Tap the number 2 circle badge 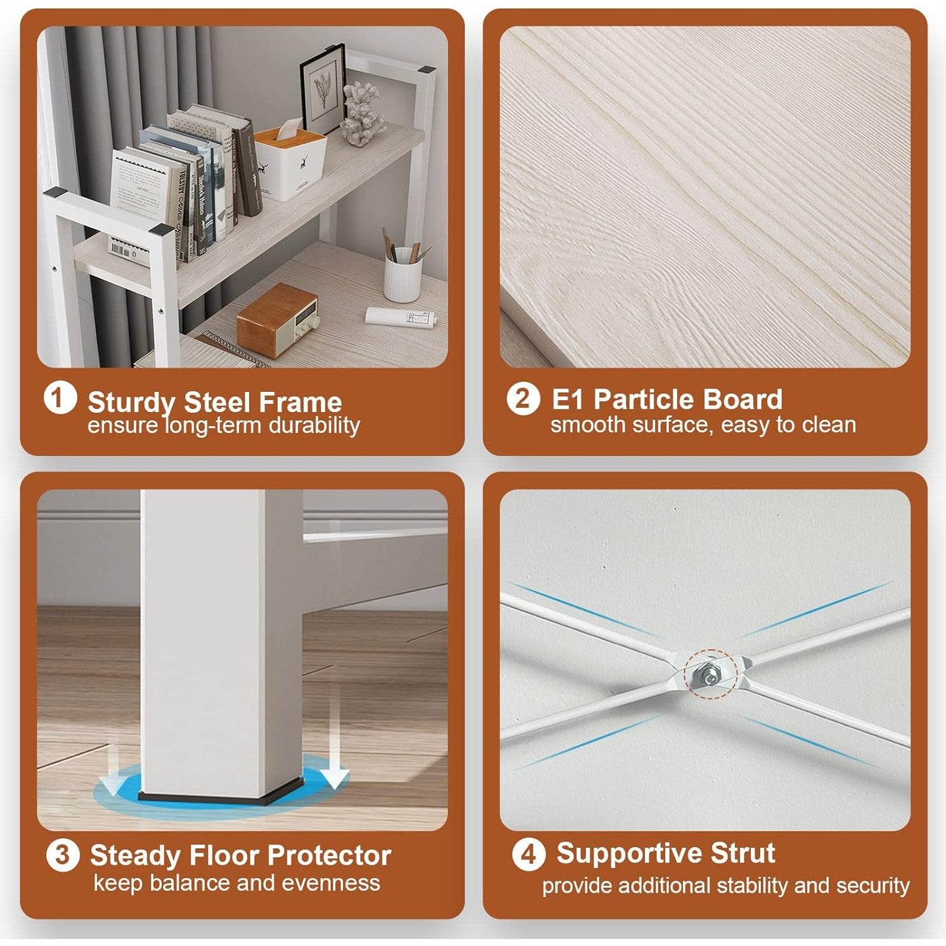point(523,399)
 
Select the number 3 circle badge point(63,855)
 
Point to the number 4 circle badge point(528,854)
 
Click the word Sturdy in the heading point(131,403)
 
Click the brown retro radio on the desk point(277,320)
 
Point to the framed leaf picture point(323,91)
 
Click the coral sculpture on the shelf point(363,113)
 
